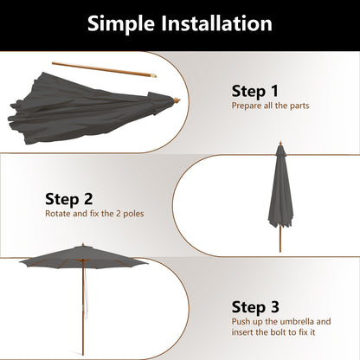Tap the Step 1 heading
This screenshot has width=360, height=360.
click(254, 90)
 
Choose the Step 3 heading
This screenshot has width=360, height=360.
click(255, 305)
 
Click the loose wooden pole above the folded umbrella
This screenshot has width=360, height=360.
click(104, 68)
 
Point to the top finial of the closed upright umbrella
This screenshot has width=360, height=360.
click(280, 143)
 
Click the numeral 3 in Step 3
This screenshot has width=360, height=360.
click(275, 305)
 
